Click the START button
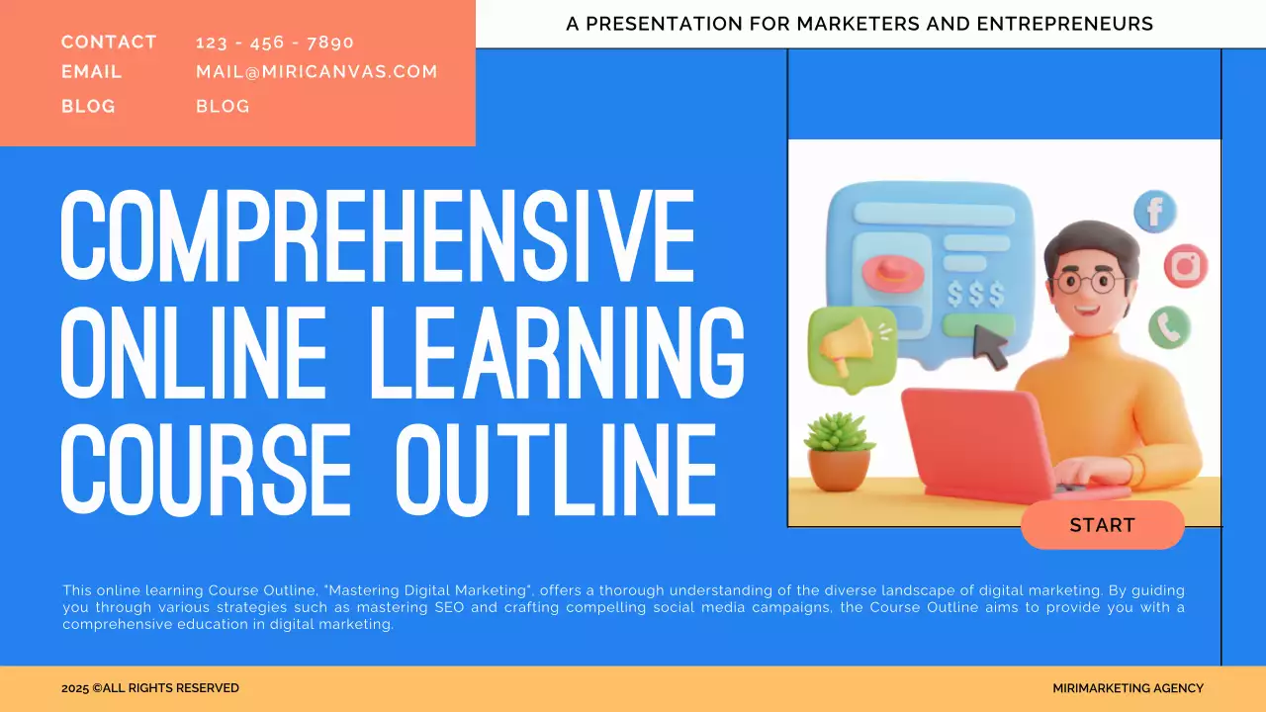coord(1102,525)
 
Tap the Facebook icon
coord(1154,212)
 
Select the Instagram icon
coord(1185,266)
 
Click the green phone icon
coord(1170,325)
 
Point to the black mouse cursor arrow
coord(991,346)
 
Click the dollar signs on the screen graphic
coord(975,294)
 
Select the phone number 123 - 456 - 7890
coord(275,43)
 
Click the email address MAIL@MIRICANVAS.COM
coord(316,72)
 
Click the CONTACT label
coord(109,43)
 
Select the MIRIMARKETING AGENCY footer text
coord(1128,688)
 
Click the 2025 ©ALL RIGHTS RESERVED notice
coord(150,688)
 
